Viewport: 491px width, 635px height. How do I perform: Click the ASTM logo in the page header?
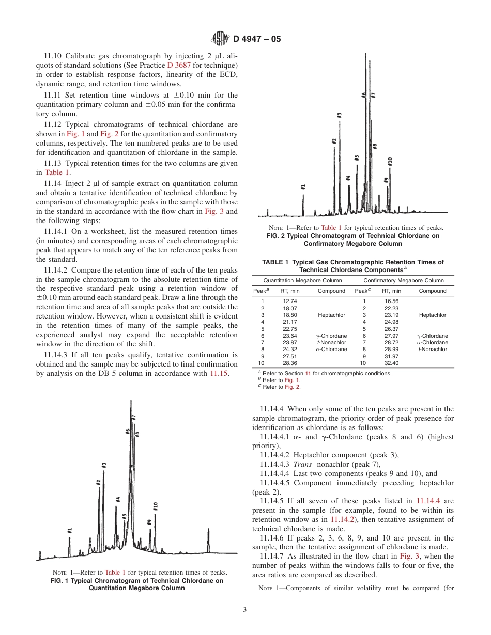[221, 38]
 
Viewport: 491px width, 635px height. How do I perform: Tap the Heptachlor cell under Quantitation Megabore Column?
[331, 315]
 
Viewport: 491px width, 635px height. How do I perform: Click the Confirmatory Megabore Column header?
[404, 281]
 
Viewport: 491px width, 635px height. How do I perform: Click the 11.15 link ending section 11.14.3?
[219, 373]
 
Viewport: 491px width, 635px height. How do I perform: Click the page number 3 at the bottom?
[245, 609]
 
